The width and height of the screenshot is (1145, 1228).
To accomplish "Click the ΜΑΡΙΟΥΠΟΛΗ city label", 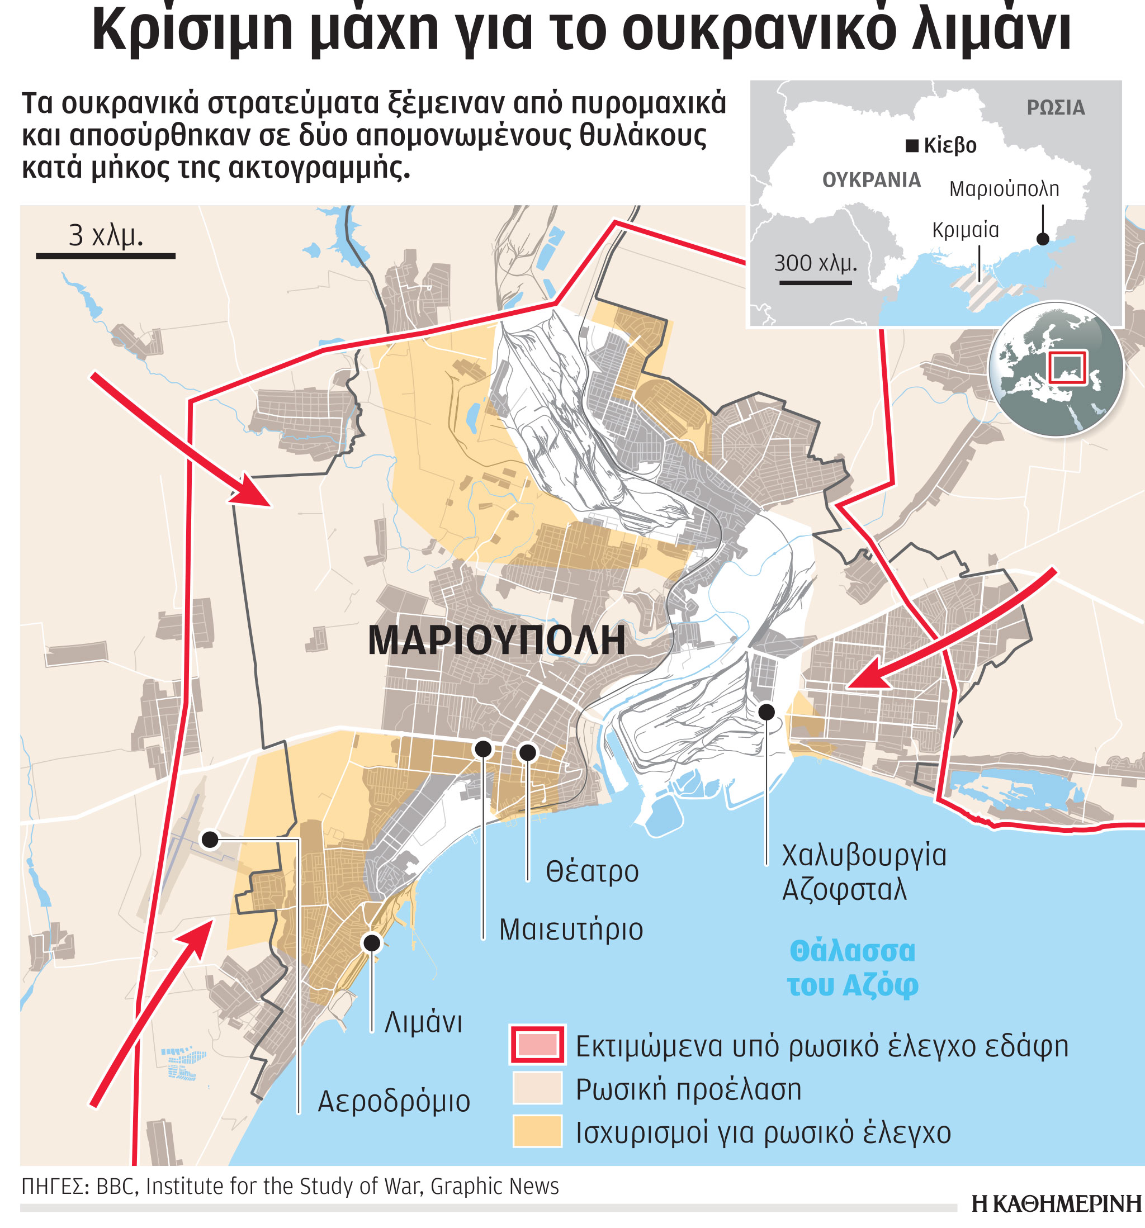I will click(496, 641).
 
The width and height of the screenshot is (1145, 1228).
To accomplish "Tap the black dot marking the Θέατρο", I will click(527, 752).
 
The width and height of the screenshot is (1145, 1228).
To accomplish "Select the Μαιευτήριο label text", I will click(570, 930).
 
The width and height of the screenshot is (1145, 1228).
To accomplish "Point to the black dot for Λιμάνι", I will click(371, 942).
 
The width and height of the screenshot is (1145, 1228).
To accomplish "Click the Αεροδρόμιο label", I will click(394, 1101).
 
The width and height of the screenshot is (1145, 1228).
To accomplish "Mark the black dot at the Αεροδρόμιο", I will click(210, 840).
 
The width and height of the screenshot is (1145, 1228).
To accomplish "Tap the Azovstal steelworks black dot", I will click(766, 712).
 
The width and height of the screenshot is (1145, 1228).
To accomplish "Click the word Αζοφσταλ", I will click(844, 890).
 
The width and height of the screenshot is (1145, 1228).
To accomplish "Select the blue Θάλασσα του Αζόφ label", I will click(852, 968).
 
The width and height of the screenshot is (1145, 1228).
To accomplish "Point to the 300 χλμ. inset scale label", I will click(815, 264).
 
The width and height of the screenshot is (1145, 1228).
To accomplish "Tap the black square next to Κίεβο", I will click(911, 146).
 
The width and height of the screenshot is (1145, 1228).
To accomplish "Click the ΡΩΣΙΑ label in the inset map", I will click(1056, 108).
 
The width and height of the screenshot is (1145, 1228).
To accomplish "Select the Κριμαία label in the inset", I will click(965, 230).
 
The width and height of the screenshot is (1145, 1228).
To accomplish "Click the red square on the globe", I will click(1067, 367).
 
